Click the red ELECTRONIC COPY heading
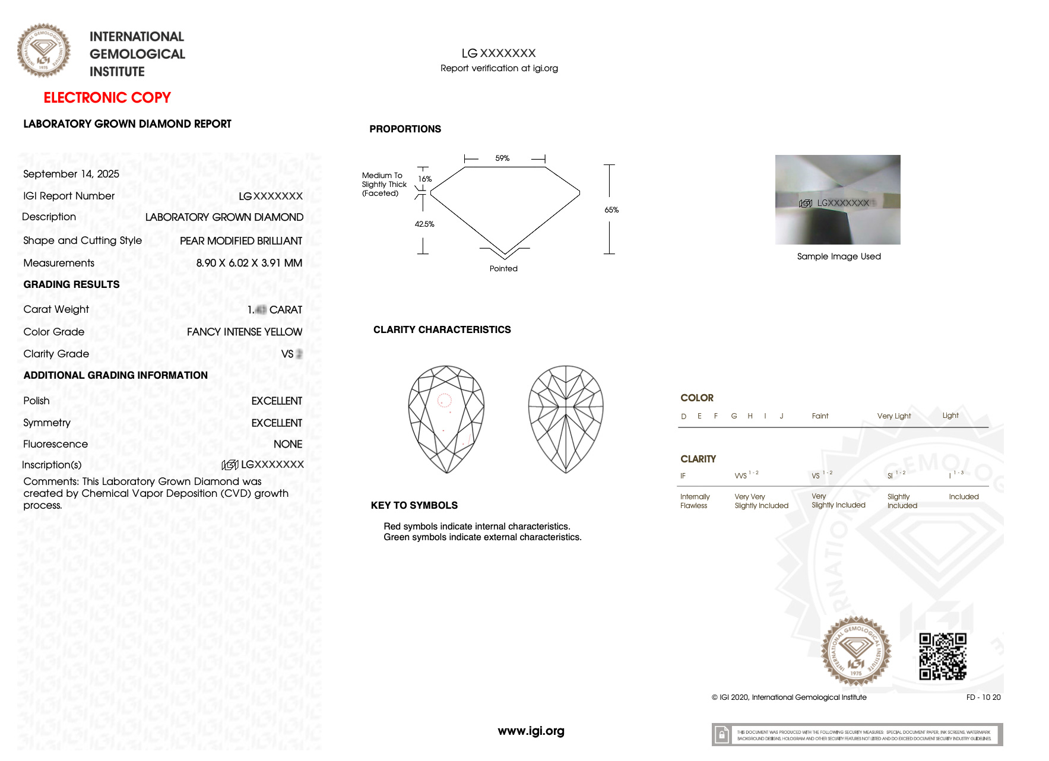(107, 97)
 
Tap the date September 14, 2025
(71, 174)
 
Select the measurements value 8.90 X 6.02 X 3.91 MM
(249, 263)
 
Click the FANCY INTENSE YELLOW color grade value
(244, 332)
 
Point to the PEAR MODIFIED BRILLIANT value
(240, 240)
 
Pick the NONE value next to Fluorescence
(287, 444)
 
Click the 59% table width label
(502, 158)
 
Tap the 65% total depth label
(611, 210)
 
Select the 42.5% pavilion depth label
(424, 224)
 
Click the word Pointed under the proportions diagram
(503, 269)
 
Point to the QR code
(942, 656)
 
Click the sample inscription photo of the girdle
(837, 199)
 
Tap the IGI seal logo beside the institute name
(43, 50)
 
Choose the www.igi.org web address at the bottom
(531, 731)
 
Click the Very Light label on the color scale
(893, 416)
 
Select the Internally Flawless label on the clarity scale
(695, 501)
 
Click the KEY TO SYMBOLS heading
(414, 506)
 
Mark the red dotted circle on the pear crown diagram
(444, 400)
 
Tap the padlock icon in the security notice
(721, 735)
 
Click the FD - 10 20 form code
(983, 697)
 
